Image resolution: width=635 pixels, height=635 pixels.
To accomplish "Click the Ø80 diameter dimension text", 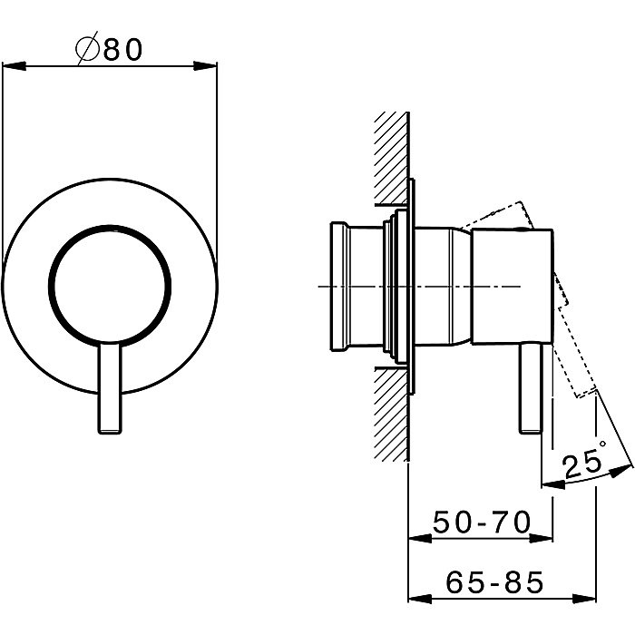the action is [x=109, y=48].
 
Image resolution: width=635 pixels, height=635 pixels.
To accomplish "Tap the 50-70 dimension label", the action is [x=482, y=522].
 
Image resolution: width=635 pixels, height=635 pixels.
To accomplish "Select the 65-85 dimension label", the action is [x=494, y=582].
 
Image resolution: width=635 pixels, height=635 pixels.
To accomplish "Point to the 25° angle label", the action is [x=584, y=461].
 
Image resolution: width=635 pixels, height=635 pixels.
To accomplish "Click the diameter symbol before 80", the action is [x=87, y=48].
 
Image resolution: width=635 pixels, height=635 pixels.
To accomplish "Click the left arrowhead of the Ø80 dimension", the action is [x=15, y=65].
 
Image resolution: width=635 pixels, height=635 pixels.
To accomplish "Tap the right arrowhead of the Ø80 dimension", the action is [x=205, y=65].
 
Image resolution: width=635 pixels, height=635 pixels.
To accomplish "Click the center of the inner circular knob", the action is [x=110, y=286].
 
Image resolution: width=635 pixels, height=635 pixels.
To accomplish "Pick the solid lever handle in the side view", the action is [x=531, y=388].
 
